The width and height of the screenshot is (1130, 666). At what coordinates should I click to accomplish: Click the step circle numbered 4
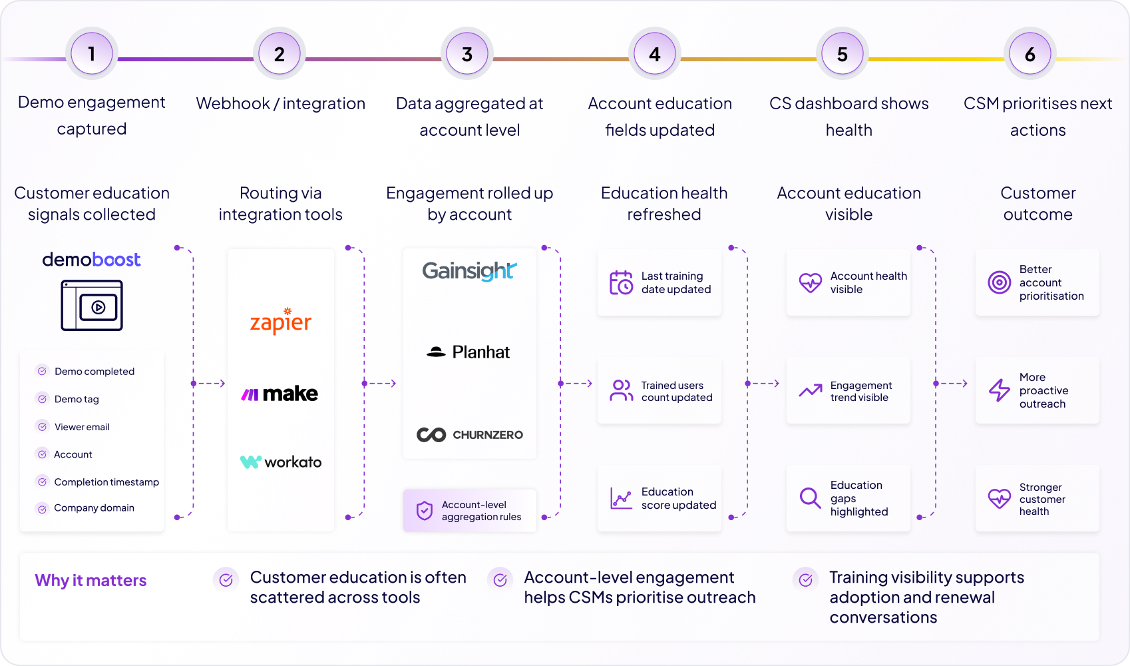click(654, 53)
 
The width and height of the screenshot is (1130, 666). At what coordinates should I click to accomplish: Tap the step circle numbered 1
click(92, 53)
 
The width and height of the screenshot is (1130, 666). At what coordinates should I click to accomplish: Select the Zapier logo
click(280, 320)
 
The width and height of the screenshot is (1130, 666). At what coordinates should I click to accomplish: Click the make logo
click(280, 394)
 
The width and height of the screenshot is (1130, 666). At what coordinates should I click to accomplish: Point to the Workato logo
click(280, 462)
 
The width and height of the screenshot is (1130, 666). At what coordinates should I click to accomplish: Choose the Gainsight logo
click(469, 271)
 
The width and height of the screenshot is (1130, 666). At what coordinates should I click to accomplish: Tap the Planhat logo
click(468, 352)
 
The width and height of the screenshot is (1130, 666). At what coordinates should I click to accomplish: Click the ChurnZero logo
click(470, 435)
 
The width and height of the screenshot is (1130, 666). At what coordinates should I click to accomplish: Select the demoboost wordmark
click(91, 260)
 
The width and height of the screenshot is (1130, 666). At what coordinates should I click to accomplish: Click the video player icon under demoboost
click(92, 306)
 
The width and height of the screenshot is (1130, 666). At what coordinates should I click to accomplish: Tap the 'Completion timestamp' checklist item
click(97, 482)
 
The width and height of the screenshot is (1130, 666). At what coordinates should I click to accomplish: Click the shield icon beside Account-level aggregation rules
click(425, 510)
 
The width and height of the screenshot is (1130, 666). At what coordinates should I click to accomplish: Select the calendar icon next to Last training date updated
click(621, 282)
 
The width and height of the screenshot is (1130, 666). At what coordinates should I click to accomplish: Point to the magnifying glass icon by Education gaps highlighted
click(810, 498)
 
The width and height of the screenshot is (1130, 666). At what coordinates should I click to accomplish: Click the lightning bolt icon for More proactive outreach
click(999, 390)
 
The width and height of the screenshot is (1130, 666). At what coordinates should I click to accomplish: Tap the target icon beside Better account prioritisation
click(999, 282)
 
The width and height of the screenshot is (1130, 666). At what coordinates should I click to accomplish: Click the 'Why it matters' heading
click(91, 580)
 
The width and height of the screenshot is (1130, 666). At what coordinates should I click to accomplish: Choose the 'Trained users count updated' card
click(659, 390)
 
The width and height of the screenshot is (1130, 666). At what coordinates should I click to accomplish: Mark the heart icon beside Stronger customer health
click(999, 498)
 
